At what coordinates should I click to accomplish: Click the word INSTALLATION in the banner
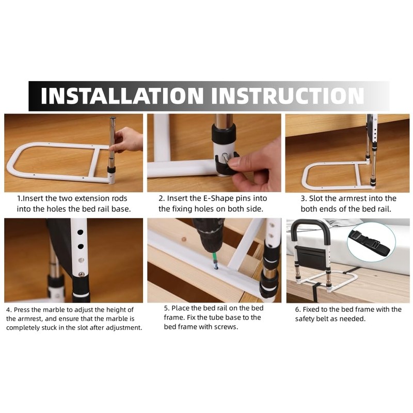pos(122,96)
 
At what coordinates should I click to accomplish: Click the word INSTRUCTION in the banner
pos(288,96)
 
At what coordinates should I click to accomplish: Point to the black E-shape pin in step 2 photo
pos(226,164)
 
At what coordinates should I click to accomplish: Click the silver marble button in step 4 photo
pos(82,275)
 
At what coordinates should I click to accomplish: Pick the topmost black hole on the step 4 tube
pos(81,232)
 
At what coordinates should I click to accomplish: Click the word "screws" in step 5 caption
pos(226,327)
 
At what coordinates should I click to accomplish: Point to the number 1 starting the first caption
pos(19,198)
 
